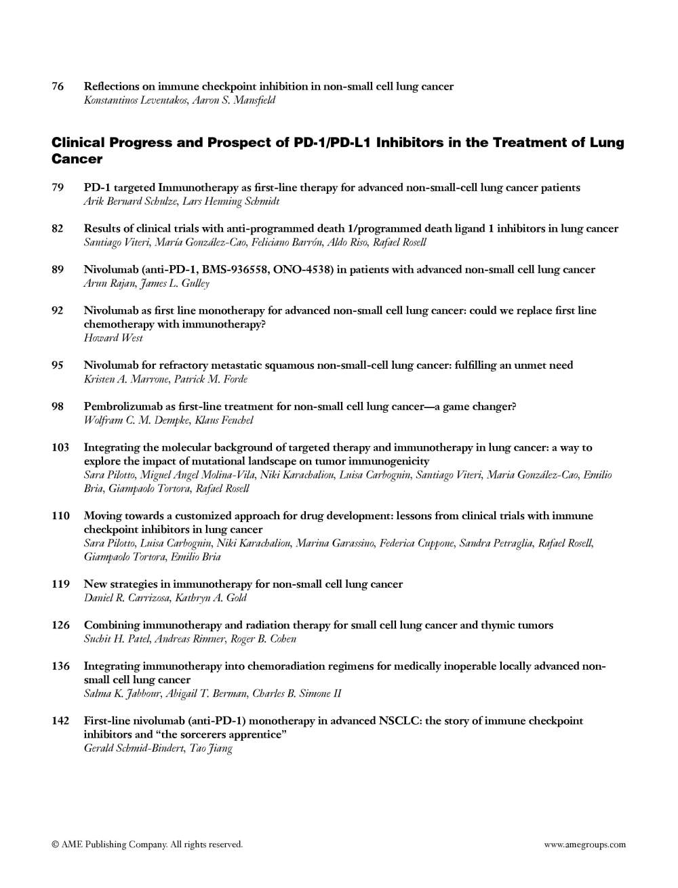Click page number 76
coord(58,86)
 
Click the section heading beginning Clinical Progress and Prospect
coord(338,150)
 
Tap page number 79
coord(58,187)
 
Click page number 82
coord(58,228)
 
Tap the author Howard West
coord(113,338)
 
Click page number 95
coord(58,365)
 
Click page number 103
coord(60,447)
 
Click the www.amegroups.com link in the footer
coord(584,845)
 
